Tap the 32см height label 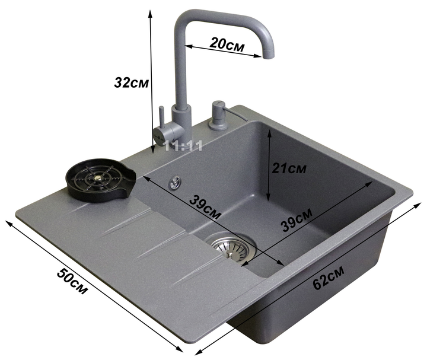[x=131, y=82]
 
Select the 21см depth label [x=289, y=168]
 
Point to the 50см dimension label [x=72, y=281]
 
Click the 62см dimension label [x=329, y=277]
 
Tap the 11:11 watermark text [x=183, y=146]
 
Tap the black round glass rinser [x=100, y=180]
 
